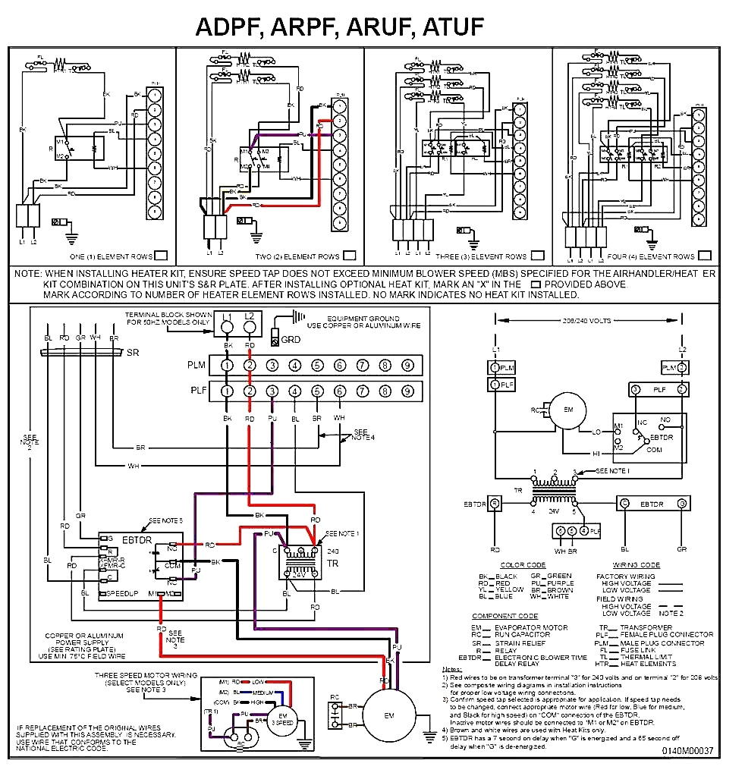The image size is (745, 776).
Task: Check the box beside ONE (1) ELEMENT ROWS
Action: point(161,256)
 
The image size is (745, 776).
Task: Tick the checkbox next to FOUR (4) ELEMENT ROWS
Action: point(705,256)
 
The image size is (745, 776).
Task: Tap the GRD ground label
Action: point(290,340)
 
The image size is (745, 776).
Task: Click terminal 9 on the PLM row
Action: point(407,366)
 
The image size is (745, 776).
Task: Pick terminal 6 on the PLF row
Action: point(340,391)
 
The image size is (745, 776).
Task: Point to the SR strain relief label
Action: point(133,353)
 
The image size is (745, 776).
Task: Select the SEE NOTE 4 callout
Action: point(363,435)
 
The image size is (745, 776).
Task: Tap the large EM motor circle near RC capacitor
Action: point(388,715)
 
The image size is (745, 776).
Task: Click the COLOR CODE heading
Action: point(523,565)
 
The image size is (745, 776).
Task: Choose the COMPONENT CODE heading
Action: point(505,615)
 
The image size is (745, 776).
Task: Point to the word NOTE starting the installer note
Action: point(27,273)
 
